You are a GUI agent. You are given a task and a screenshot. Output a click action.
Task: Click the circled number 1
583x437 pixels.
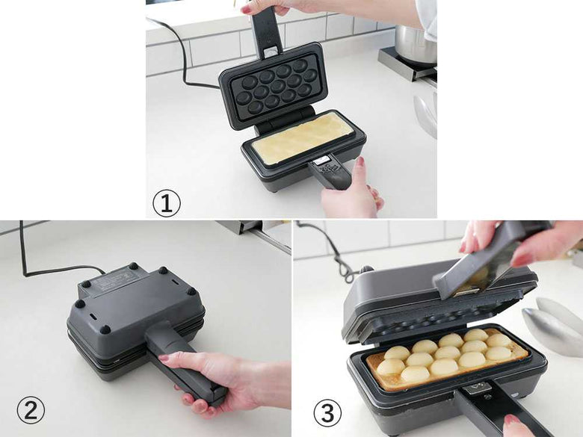click(166, 203)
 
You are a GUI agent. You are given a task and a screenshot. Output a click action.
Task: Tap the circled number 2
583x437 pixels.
click(31, 411)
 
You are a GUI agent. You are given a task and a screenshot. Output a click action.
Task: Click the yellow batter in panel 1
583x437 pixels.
click(302, 137)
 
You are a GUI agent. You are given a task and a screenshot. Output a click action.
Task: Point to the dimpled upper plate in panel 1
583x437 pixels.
click(274, 86)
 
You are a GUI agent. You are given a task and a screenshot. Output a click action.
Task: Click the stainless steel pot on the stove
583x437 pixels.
click(416, 46)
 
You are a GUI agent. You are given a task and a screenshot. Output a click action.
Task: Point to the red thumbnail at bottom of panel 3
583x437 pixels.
click(511, 420)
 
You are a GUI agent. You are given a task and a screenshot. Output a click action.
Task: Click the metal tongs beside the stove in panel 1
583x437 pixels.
click(426, 114)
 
